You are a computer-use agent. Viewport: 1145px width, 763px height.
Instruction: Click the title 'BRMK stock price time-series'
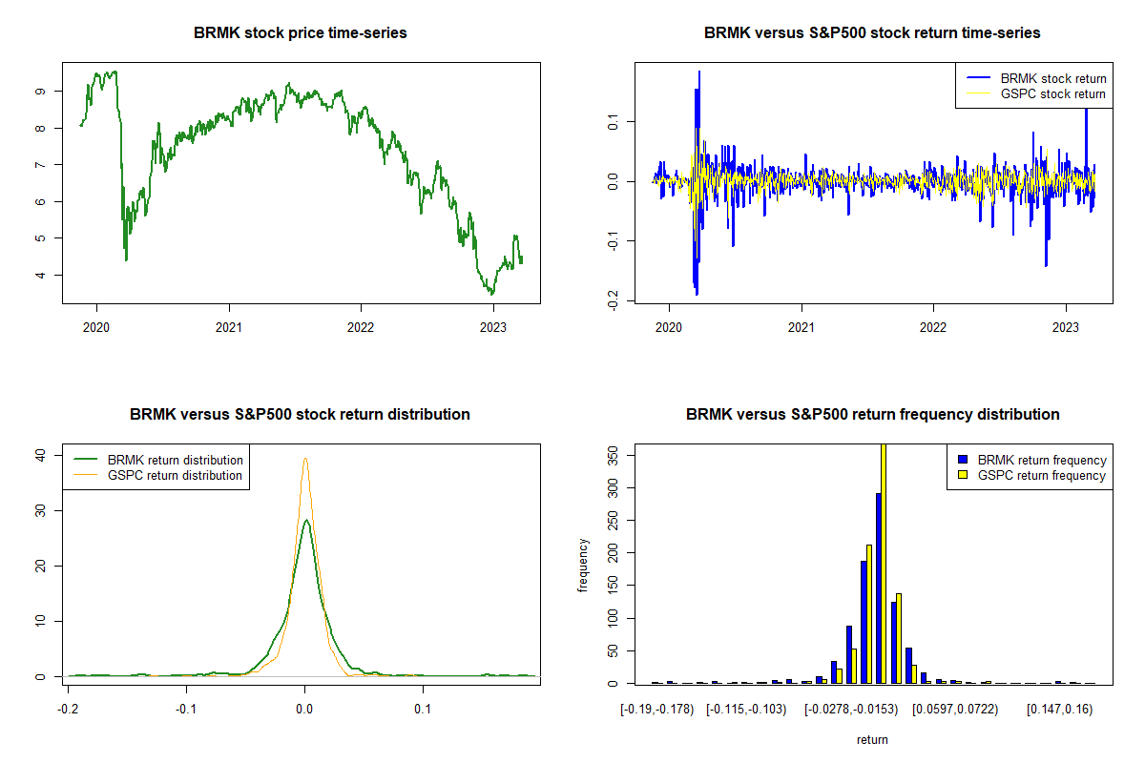pyautogui.click(x=301, y=33)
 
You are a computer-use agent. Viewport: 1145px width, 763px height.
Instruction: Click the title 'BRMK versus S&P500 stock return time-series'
pyautogui.click(x=872, y=33)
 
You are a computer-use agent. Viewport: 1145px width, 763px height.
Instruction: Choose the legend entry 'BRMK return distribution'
pyautogui.click(x=176, y=460)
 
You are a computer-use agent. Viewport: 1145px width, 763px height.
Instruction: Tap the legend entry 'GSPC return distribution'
pyautogui.click(x=176, y=475)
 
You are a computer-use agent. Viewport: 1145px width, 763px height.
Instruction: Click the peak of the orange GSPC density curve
pyautogui.click(x=304, y=459)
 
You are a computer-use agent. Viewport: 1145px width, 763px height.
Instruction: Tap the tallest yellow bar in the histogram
pyautogui.click(x=884, y=563)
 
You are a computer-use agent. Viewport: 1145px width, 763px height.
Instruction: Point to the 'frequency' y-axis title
pyautogui.click(x=584, y=566)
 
